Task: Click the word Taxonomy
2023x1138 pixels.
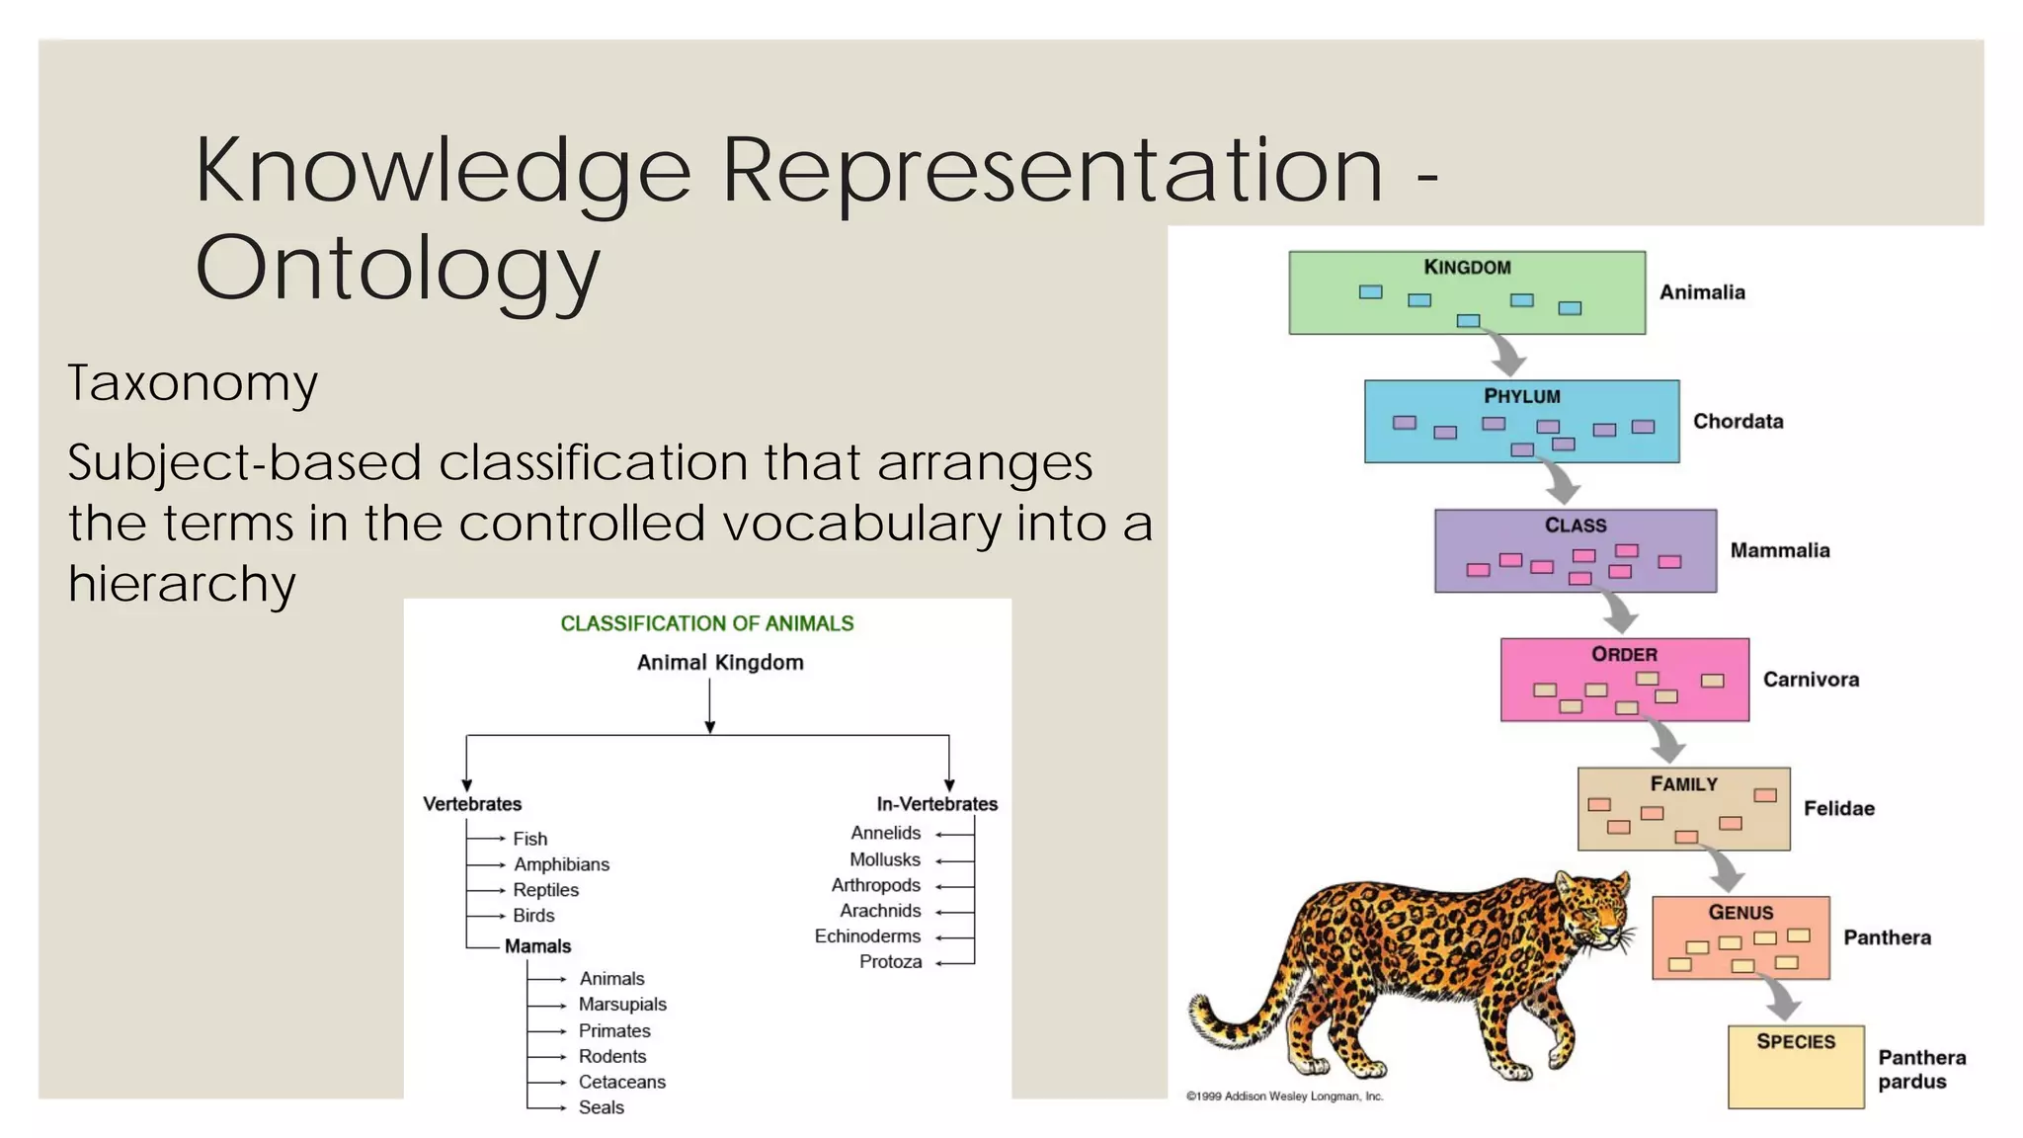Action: coord(193,383)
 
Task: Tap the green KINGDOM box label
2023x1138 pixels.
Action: coord(1467,268)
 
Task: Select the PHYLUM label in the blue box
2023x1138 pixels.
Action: coord(1521,396)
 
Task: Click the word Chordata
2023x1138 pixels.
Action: coord(1738,422)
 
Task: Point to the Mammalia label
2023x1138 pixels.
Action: coord(1779,551)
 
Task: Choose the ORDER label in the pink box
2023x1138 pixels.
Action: coord(1624,655)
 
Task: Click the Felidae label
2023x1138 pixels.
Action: coord(1838,809)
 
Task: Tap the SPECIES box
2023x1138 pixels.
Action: coord(1795,1067)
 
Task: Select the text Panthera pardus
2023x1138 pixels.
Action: coord(1920,1070)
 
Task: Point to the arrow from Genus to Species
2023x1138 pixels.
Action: coord(1781,1000)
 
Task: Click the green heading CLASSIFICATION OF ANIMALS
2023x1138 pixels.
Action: coord(706,624)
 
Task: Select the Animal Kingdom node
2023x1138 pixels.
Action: coord(720,663)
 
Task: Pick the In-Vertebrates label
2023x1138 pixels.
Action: coord(936,804)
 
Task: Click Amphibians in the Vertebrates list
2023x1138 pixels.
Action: coord(561,864)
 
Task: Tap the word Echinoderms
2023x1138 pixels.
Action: coord(867,936)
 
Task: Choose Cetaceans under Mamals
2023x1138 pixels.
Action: coord(621,1082)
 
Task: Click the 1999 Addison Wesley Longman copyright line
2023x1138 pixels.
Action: coord(1284,1097)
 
